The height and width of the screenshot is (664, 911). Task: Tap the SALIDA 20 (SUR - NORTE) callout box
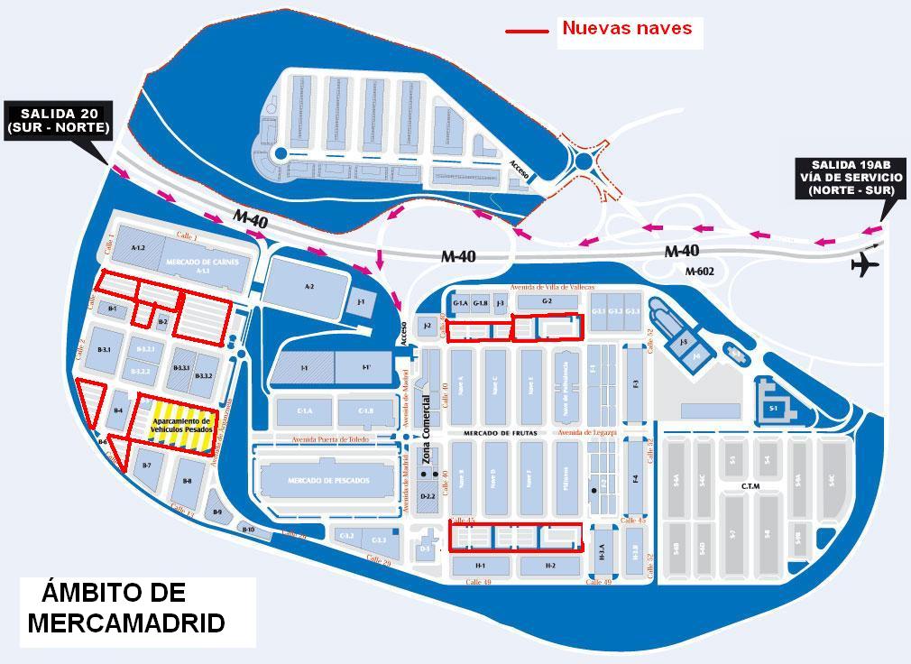tap(59, 120)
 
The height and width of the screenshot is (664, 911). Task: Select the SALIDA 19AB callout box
tap(851, 178)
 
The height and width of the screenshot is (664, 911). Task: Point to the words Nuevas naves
tap(627, 28)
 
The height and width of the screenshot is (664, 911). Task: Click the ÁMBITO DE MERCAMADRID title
tap(126, 607)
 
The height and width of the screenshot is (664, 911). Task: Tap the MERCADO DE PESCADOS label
tap(328, 481)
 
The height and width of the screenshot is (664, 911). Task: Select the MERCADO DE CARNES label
tap(201, 261)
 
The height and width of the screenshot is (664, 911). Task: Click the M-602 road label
tap(699, 271)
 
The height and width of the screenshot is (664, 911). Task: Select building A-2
tap(308, 287)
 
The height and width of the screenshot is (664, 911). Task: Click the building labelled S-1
tap(773, 408)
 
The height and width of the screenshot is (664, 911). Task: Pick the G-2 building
tap(547, 301)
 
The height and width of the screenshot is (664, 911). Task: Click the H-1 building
tap(480, 566)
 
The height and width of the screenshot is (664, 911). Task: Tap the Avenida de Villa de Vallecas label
tap(552, 287)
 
